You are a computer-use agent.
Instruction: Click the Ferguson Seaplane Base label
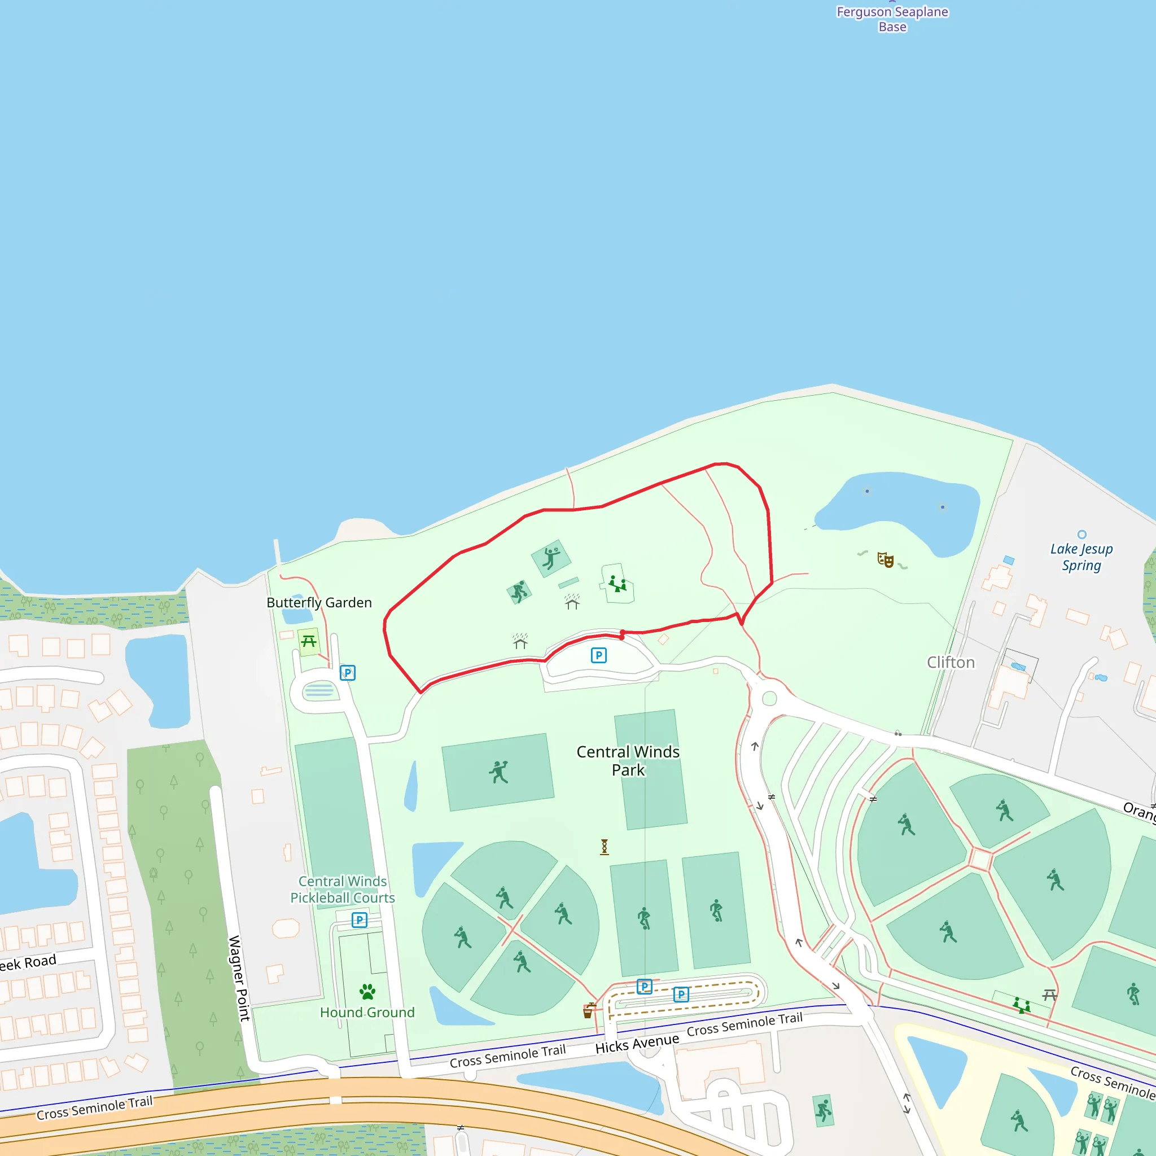tap(892, 19)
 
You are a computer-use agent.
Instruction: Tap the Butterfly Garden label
tap(319, 602)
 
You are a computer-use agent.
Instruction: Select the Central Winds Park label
tap(628, 760)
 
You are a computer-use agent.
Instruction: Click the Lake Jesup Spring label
tap(1081, 557)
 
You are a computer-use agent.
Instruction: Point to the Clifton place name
tap(951, 662)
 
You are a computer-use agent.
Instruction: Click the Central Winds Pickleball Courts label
tap(342, 889)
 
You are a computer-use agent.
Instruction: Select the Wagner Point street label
tap(239, 978)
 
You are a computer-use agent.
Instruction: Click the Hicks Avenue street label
tap(637, 1044)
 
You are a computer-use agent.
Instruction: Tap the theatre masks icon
tap(886, 560)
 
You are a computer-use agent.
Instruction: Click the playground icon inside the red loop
tap(618, 584)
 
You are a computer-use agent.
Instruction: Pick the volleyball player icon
tap(551, 558)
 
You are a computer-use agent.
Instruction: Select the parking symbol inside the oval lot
tap(598, 655)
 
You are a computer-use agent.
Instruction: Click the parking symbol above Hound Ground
tap(359, 919)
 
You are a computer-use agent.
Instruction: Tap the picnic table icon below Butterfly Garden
tap(309, 641)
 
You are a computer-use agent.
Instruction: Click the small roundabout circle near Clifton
tap(769, 698)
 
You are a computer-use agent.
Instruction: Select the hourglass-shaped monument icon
tap(605, 847)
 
